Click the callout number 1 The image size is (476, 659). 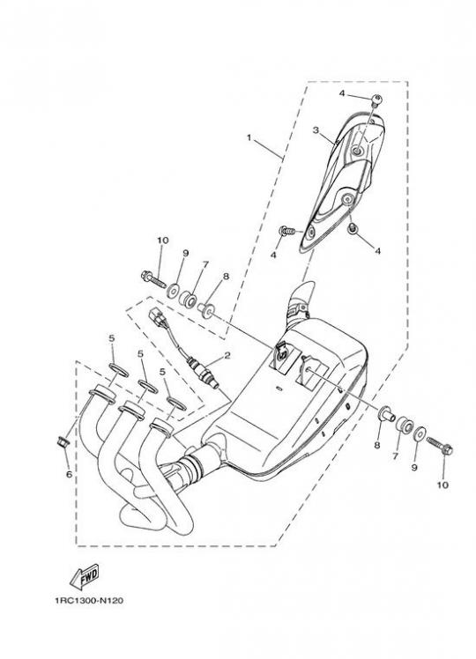tap(249, 137)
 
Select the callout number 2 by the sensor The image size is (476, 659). tap(227, 356)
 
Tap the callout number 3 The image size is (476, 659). tap(316, 130)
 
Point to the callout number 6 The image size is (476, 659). tap(69, 475)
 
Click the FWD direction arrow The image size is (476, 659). tap(84, 576)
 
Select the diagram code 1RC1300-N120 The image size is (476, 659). tap(89, 601)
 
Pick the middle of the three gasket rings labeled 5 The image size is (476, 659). tap(148, 387)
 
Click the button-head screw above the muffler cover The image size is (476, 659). tap(376, 100)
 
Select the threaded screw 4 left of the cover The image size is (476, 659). tap(286, 231)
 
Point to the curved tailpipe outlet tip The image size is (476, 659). tap(302, 291)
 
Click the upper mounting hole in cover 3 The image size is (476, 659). tap(358, 152)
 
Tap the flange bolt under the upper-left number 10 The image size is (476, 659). tap(153, 278)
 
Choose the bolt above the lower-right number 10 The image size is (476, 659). tap(439, 446)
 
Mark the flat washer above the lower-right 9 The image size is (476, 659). tap(420, 433)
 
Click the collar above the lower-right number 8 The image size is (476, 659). tap(387, 413)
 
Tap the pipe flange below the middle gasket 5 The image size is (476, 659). tap(131, 410)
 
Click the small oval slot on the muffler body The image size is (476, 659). tap(278, 387)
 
